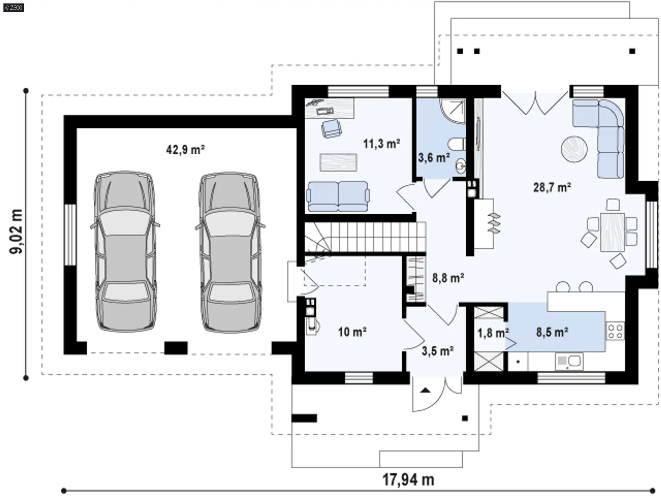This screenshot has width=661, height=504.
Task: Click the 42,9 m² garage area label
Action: [x=185, y=150]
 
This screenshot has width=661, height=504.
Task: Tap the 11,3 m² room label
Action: [x=381, y=144]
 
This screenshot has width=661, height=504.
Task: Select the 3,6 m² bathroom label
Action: [x=434, y=158]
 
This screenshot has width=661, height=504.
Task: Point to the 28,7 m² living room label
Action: [x=552, y=187]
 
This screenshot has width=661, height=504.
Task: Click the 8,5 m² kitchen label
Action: [x=552, y=332]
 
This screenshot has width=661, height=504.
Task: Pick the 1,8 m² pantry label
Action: [x=493, y=333]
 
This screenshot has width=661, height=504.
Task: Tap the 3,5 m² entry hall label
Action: [x=438, y=351]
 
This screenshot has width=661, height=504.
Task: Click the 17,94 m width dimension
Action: [x=408, y=479]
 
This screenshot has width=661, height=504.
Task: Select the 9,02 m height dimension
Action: [x=16, y=231]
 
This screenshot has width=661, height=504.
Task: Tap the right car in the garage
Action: [x=230, y=252]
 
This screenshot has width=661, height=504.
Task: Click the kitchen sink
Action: [x=568, y=361]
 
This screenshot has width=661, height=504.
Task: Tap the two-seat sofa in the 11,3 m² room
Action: [x=338, y=196]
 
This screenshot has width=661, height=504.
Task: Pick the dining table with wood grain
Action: [x=612, y=232]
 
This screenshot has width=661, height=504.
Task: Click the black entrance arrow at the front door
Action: [x=426, y=390]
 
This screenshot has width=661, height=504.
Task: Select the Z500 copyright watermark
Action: [x=14, y=8]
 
